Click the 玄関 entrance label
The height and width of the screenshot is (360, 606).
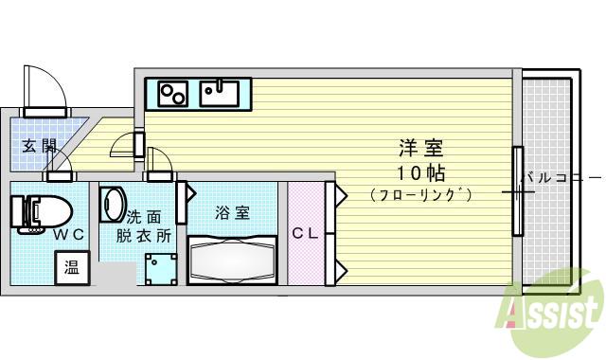tap(40, 146)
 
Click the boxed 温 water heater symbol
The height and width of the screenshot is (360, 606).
tap(72, 268)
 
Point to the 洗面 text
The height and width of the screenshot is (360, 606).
tap(144, 216)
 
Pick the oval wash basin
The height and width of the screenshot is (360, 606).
tap(113, 205)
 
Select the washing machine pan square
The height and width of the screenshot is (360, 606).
tap(161, 269)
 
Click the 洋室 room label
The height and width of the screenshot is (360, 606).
tap(420, 149)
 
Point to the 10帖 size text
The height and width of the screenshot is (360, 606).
tap(420, 172)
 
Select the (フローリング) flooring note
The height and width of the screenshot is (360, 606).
tap(420, 195)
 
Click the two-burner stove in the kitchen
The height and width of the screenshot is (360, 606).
tap(173, 94)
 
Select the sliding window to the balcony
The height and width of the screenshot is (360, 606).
tap(517, 190)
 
